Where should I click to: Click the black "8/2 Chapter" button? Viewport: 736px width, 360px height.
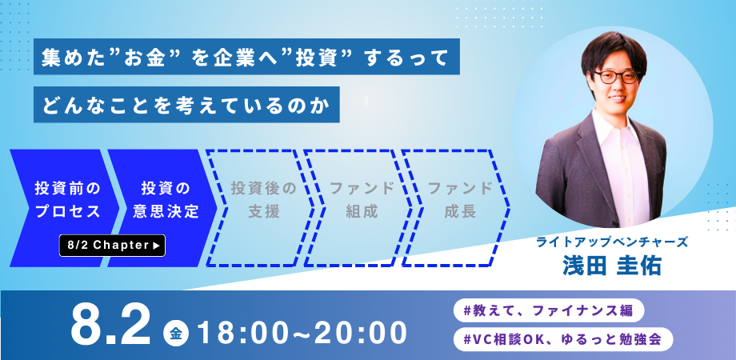pos(112,246)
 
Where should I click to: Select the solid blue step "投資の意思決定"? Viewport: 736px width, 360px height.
pos(162,208)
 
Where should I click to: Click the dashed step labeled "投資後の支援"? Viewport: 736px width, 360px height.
pos(261,208)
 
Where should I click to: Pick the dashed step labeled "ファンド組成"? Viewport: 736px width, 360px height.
pos(358,208)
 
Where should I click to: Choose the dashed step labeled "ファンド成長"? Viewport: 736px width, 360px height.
pos(457,208)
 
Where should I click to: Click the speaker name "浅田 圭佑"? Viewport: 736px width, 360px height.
pos(612,266)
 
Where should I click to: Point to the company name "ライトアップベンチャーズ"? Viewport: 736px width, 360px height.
pos(613,242)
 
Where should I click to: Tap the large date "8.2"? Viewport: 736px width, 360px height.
pos(110,326)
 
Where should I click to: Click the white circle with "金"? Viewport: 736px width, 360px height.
pos(176,334)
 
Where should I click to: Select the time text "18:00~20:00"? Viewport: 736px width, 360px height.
pos(302,333)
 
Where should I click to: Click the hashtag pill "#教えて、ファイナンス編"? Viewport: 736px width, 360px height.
pos(548,310)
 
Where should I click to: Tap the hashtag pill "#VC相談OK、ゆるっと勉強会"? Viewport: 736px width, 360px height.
pos(563,339)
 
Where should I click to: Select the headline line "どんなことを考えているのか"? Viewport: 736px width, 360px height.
pos(186,105)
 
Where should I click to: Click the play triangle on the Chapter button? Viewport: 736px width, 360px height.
pos(157,246)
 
